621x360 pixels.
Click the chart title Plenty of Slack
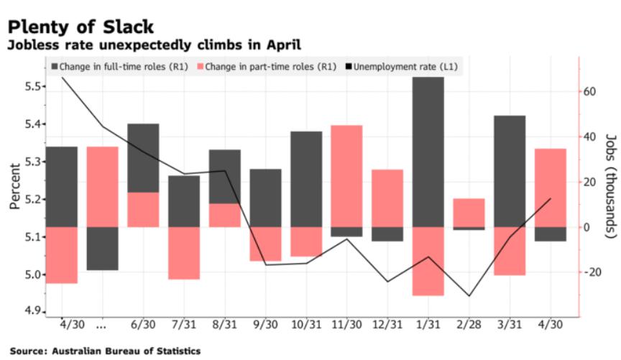click(80, 27)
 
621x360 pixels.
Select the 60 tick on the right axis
click(592, 92)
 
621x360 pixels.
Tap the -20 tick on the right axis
click(592, 272)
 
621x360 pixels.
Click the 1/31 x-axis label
click(428, 326)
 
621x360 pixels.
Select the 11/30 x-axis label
click(346, 326)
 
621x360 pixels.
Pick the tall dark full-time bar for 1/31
click(428, 151)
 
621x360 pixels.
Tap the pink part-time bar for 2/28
click(469, 213)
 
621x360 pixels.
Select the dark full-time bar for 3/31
click(510, 171)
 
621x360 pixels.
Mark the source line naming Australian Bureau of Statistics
click(105, 351)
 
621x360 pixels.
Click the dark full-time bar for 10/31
click(305, 179)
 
